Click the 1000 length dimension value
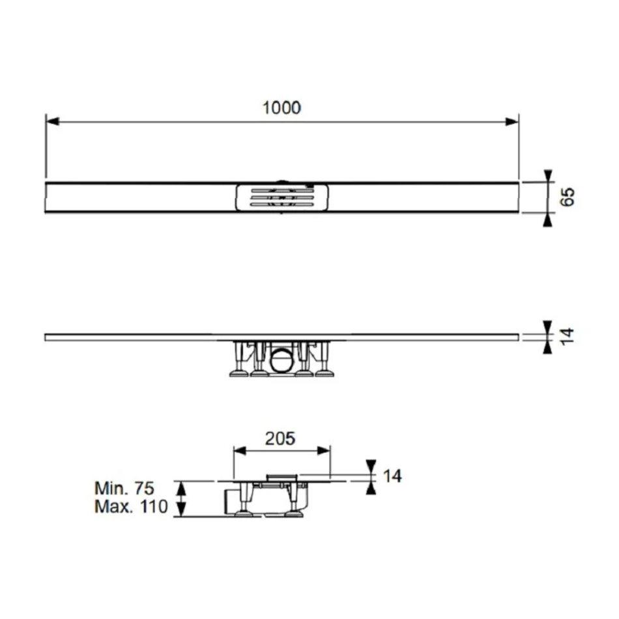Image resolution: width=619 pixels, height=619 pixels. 281,108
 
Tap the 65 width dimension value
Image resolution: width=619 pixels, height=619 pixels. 568,197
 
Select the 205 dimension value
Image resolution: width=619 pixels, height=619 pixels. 280,439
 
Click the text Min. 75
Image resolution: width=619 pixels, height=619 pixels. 124,488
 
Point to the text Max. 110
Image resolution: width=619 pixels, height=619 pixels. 131,506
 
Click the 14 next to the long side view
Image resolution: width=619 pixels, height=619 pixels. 567,337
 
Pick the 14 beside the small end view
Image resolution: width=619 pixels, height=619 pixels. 392,476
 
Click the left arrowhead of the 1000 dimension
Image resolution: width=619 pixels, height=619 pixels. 53,122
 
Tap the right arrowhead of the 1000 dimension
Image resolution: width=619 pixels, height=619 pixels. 511,122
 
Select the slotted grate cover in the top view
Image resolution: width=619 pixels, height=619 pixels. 282,197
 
